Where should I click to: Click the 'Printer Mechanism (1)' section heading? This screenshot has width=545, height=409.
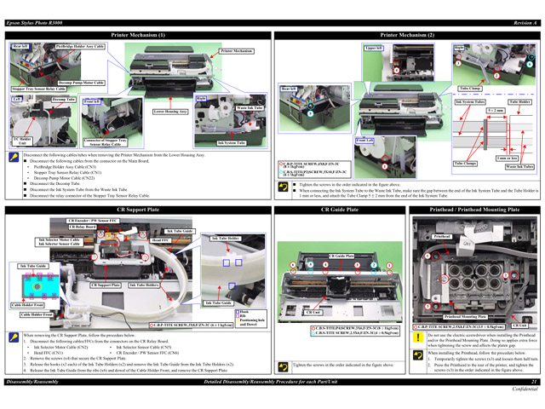pos(138,35)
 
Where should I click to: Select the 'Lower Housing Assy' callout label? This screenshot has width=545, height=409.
pos(170,112)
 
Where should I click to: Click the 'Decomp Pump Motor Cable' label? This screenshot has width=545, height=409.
pos(82,83)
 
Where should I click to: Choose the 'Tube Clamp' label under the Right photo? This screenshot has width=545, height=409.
pos(470,89)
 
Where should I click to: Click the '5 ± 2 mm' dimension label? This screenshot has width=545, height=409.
pos(495,110)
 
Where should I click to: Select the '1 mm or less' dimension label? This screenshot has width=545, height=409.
pos(508,158)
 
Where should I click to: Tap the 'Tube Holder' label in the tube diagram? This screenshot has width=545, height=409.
pos(519,101)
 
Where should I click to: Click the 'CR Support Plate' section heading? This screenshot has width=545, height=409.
pos(138,209)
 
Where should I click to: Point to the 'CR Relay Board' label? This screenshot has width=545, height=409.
pos(83,228)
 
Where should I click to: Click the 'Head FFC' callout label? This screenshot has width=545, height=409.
pos(161,241)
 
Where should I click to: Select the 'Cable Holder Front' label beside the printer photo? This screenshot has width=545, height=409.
pos(34,314)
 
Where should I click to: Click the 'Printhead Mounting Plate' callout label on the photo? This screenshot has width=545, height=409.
pos(465,316)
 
